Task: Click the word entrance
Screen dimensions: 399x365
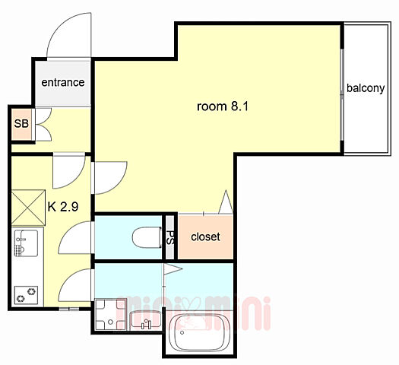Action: (63, 82)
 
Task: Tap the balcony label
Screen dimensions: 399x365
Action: (366, 88)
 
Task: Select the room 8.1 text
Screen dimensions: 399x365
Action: (223, 106)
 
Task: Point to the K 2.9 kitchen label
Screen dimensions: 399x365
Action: (63, 207)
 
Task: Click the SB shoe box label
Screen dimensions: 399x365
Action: (21, 124)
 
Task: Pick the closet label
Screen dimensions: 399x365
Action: (205, 236)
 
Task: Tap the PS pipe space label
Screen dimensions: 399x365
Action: (169, 237)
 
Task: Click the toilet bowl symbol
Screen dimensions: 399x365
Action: (147, 237)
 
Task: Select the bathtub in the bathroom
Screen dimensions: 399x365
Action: (199, 333)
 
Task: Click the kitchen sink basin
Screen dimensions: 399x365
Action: (26, 243)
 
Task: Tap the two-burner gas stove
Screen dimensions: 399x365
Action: (26, 295)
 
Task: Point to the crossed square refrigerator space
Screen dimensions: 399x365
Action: (28, 208)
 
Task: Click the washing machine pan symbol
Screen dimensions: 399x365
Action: (111, 314)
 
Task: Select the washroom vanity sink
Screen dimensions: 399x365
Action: (145, 320)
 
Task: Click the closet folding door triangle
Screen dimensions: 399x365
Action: (226, 202)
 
